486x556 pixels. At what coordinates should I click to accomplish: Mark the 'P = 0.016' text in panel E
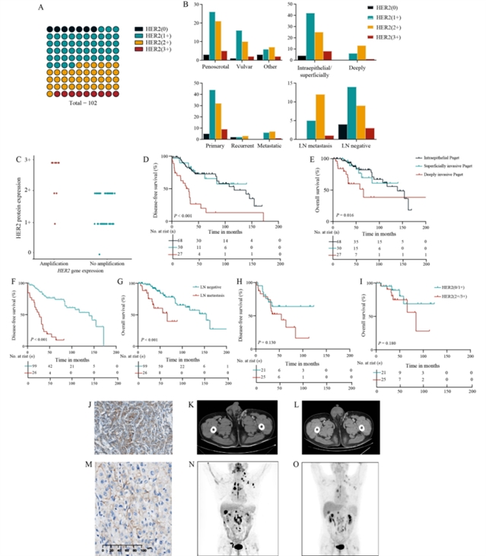click(335, 216)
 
